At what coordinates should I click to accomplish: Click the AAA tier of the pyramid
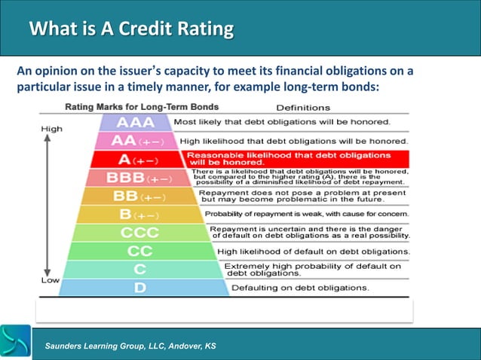coord(136,121)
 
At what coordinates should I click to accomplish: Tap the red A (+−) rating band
coord(136,159)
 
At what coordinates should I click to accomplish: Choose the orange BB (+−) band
coord(136,196)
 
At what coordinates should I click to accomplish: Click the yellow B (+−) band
coord(136,214)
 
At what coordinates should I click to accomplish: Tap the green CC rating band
coord(139,250)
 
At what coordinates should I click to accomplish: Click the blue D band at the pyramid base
coord(140,287)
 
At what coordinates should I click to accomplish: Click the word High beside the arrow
coord(51,129)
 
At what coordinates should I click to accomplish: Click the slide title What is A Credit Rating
coord(130,29)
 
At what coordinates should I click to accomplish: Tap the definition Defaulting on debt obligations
coord(300,288)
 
